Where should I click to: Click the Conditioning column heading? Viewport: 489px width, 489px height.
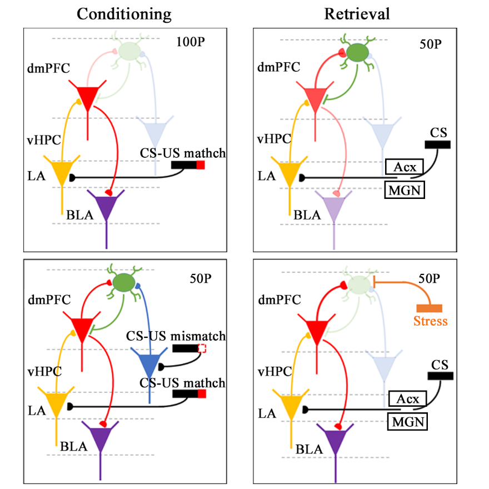point(124,14)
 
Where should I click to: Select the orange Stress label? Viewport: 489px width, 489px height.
point(430,321)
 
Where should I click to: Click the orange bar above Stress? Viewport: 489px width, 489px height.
point(430,308)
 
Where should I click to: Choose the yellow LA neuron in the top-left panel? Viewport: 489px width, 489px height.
point(62,172)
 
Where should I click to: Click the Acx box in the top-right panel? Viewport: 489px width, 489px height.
point(405,166)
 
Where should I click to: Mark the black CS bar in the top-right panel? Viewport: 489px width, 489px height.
point(437,145)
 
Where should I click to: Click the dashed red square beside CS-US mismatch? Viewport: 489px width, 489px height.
point(202,348)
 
